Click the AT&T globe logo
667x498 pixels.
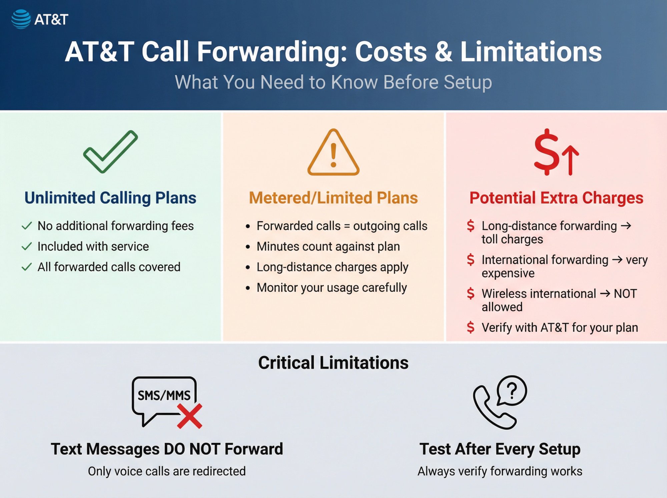tap(21, 19)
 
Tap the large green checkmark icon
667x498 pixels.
tap(110, 152)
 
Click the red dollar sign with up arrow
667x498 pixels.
tap(556, 152)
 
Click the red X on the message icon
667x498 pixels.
tap(189, 416)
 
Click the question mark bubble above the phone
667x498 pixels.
tap(512, 390)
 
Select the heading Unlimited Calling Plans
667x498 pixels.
tap(110, 198)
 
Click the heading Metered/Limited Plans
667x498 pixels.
tap(333, 198)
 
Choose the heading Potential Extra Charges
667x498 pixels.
tap(556, 198)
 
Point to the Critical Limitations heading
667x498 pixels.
tap(333, 363)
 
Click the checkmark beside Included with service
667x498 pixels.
tap(27, 246)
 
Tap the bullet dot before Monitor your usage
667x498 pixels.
tap(248, 288)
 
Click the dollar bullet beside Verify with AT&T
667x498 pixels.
tap(471, 328)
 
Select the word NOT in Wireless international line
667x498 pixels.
tap(625, 294)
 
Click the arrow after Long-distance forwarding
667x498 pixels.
tap(626, 226)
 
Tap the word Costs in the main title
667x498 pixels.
tap(391, 52)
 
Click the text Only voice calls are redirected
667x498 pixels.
tap(167, 471)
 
